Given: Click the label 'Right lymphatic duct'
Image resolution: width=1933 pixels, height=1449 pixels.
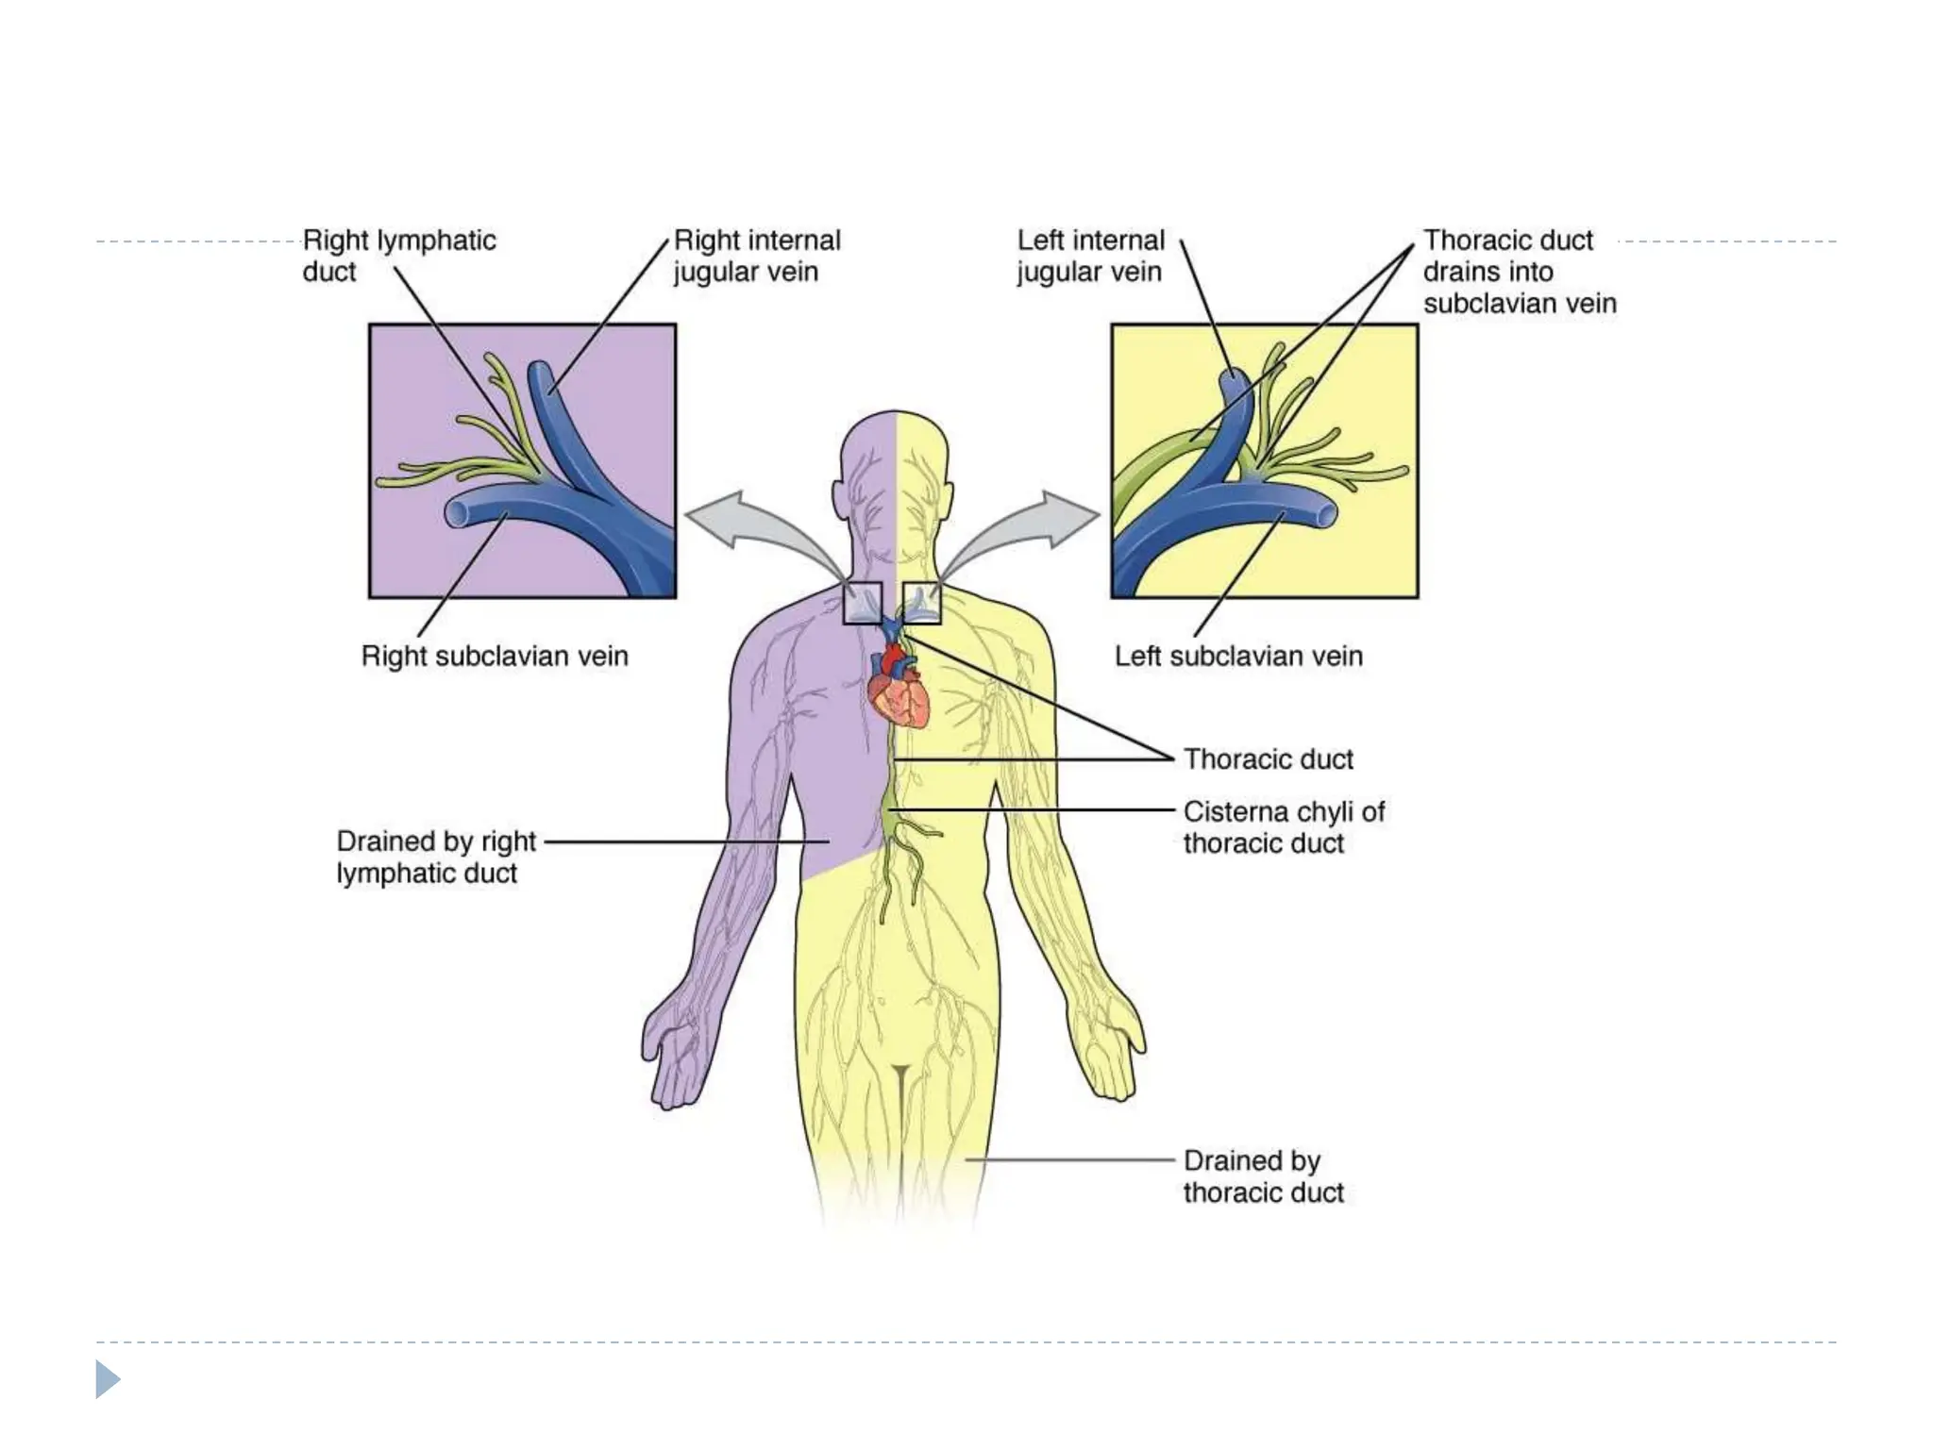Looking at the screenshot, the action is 398,256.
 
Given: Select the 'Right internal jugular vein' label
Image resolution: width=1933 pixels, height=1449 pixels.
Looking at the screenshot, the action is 756,256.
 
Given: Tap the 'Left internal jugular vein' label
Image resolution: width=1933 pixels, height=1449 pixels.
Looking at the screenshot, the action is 1090,256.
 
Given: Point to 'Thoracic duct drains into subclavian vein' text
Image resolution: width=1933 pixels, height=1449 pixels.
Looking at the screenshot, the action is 1519,272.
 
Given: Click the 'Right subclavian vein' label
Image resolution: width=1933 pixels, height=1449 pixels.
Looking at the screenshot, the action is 495,656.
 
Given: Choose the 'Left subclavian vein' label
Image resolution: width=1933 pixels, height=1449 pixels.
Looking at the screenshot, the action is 1238,656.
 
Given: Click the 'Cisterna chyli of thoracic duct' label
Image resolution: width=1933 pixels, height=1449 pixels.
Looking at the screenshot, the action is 1283,827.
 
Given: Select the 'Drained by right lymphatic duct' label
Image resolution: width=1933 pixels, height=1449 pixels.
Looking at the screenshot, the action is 435,857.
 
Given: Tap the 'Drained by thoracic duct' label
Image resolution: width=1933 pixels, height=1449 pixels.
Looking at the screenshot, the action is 1263,1175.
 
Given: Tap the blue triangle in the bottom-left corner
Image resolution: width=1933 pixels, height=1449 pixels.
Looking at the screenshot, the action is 108,1379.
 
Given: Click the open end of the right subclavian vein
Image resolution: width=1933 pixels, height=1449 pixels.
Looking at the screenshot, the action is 457,514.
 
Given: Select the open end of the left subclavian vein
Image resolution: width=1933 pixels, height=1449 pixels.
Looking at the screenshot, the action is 1326,514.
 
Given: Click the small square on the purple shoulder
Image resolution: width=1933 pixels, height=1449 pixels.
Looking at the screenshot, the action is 862,603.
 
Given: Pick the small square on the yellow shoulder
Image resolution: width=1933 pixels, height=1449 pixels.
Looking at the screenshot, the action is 922,603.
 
